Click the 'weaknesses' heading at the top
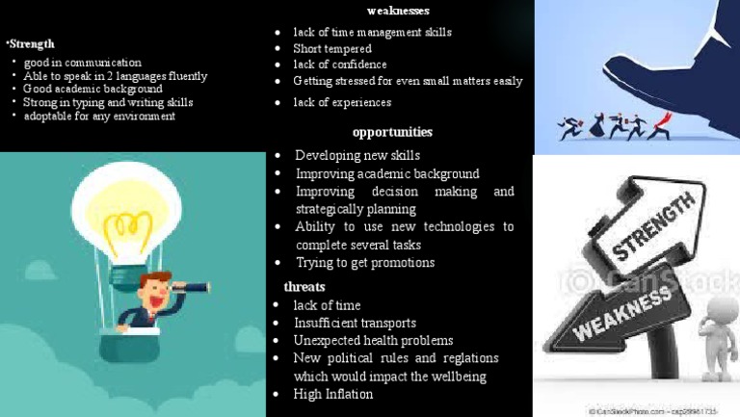pyautogui.click(x=398, y=11)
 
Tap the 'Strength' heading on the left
pyautogui.click(x=31, y=43)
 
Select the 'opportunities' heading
pyautogui.click(x=392, y=132)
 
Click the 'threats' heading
pyautogui.click(x=304, y=287)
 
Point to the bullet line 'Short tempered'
pyautogui.click(x=331, y=48)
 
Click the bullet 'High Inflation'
pyautogui.click(x=333, y=394)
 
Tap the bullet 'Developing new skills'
pyautogui.click(x=357, y=155)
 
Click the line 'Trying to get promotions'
pyautogui.click(x=364, y=262)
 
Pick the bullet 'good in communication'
pyautogui.click(x=82, y=63)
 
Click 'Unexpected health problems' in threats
pyautogui.click(x=373, y=340)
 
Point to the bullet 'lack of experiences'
pyautogui.click(x=342, y=102)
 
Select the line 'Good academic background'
pyautogui.click(x=92, y=89)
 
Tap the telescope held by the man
pyautogui.click(x=192, y=286)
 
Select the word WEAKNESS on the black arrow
pyautogui.click(x=622, y=313)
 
